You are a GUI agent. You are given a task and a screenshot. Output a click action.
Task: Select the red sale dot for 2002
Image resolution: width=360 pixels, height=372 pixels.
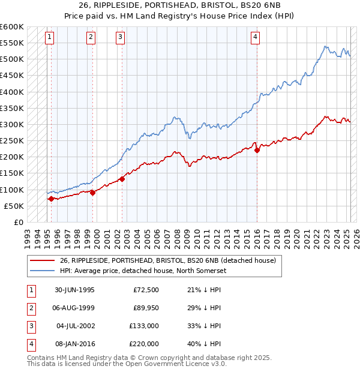click(x=122, y=179)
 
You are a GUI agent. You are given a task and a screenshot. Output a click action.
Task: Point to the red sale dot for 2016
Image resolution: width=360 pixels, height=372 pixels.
click(x=257, y=151)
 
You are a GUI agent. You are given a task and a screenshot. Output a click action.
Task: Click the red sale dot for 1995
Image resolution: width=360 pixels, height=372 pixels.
click(x=51, y=199)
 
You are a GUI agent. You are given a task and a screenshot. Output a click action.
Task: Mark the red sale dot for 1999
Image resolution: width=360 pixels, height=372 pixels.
click(x=93, y=193)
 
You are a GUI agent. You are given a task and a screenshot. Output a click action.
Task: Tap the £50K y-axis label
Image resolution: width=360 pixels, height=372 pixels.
click(x=14, y=206)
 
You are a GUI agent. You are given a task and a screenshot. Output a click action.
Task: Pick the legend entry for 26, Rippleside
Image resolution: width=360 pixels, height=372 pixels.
click(x=167, y=261)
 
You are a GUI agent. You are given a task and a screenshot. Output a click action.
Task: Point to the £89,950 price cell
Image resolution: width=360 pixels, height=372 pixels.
click(x=145, y=308)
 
